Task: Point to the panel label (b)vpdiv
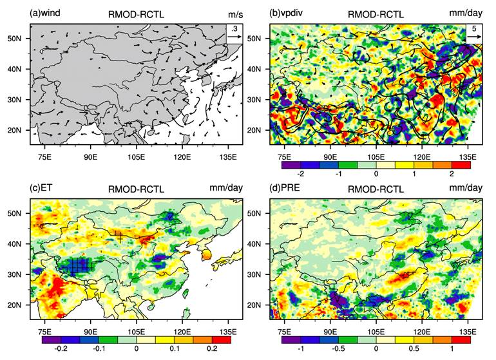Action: (287, 13)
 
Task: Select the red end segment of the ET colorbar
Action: (222, 339)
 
